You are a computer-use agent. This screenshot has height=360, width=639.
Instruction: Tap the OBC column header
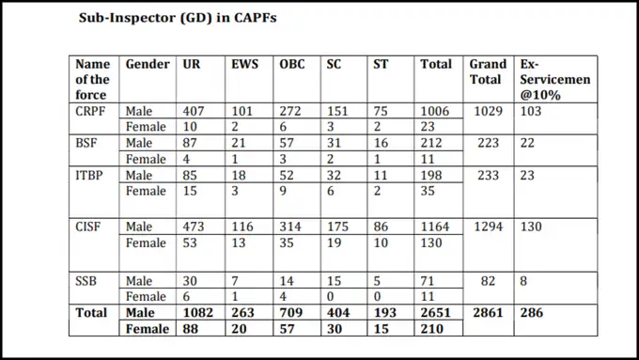(x=291, y=64)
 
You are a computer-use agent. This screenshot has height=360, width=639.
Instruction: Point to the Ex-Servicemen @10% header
(x=554, y=79)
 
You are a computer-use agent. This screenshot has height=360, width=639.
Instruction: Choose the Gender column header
(x=148, y=64)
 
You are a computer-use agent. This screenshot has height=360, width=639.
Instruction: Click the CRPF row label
(x=93, y=111)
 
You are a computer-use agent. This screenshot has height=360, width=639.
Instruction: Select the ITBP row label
(x=91, y=174)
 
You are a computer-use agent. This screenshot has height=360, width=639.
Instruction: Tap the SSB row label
(x=88, y=280)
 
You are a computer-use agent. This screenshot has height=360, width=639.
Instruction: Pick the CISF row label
(x=90, y=227)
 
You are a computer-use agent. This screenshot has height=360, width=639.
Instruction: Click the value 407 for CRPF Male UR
(x=194, y=111)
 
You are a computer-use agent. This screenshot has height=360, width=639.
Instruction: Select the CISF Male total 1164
(x=435, y=227)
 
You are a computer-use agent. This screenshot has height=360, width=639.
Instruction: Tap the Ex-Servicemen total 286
(x=532, y=312)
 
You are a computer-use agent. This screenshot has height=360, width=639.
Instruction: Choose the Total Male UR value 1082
(x=197, y=312)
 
